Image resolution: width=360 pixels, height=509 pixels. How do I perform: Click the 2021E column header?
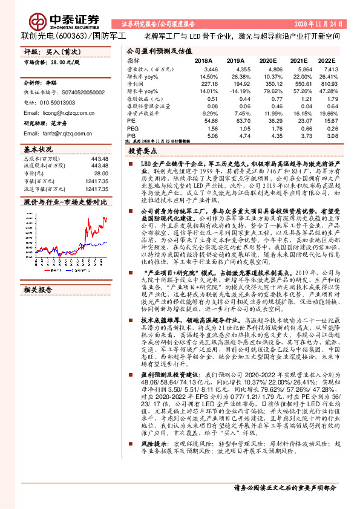pyautogui.click(x=299, y=61)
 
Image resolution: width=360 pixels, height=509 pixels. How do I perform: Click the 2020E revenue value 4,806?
pyautogui.click(x=267, y=70)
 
